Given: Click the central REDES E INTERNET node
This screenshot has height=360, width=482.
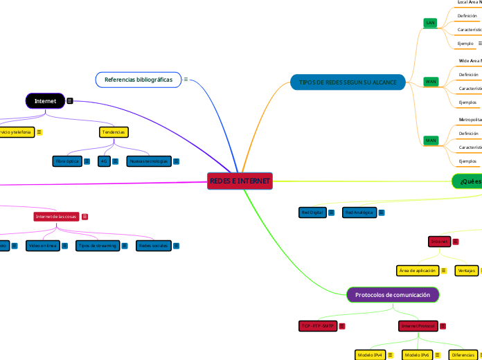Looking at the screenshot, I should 240,181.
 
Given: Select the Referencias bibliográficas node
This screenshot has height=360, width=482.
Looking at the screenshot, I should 139,80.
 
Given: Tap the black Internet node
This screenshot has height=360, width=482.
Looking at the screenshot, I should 46,101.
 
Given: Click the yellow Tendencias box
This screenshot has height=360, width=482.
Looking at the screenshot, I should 114,132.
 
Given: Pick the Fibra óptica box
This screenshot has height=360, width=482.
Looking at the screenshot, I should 67,161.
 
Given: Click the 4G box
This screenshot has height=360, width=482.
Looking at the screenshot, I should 103,161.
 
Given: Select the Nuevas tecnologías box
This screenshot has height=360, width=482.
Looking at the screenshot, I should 148,161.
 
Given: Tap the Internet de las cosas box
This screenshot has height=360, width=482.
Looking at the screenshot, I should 56,217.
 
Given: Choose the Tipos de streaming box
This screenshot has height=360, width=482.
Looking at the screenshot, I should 97,246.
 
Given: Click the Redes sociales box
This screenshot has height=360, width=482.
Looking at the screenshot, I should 152,246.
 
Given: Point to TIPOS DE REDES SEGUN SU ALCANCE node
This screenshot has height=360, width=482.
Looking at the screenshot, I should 348,82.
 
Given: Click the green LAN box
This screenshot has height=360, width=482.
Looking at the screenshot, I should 430,23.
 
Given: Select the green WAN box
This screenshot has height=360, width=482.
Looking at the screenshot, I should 431,81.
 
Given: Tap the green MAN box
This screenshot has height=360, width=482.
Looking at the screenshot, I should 431,141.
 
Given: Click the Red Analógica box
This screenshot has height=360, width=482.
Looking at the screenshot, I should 359,213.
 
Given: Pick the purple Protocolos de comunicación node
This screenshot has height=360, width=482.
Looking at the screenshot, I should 393,295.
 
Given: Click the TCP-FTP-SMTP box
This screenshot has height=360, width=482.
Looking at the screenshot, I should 317,325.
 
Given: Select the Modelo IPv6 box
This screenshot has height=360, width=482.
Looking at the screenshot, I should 418,355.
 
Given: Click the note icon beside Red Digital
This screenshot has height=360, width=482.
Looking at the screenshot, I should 332,213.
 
